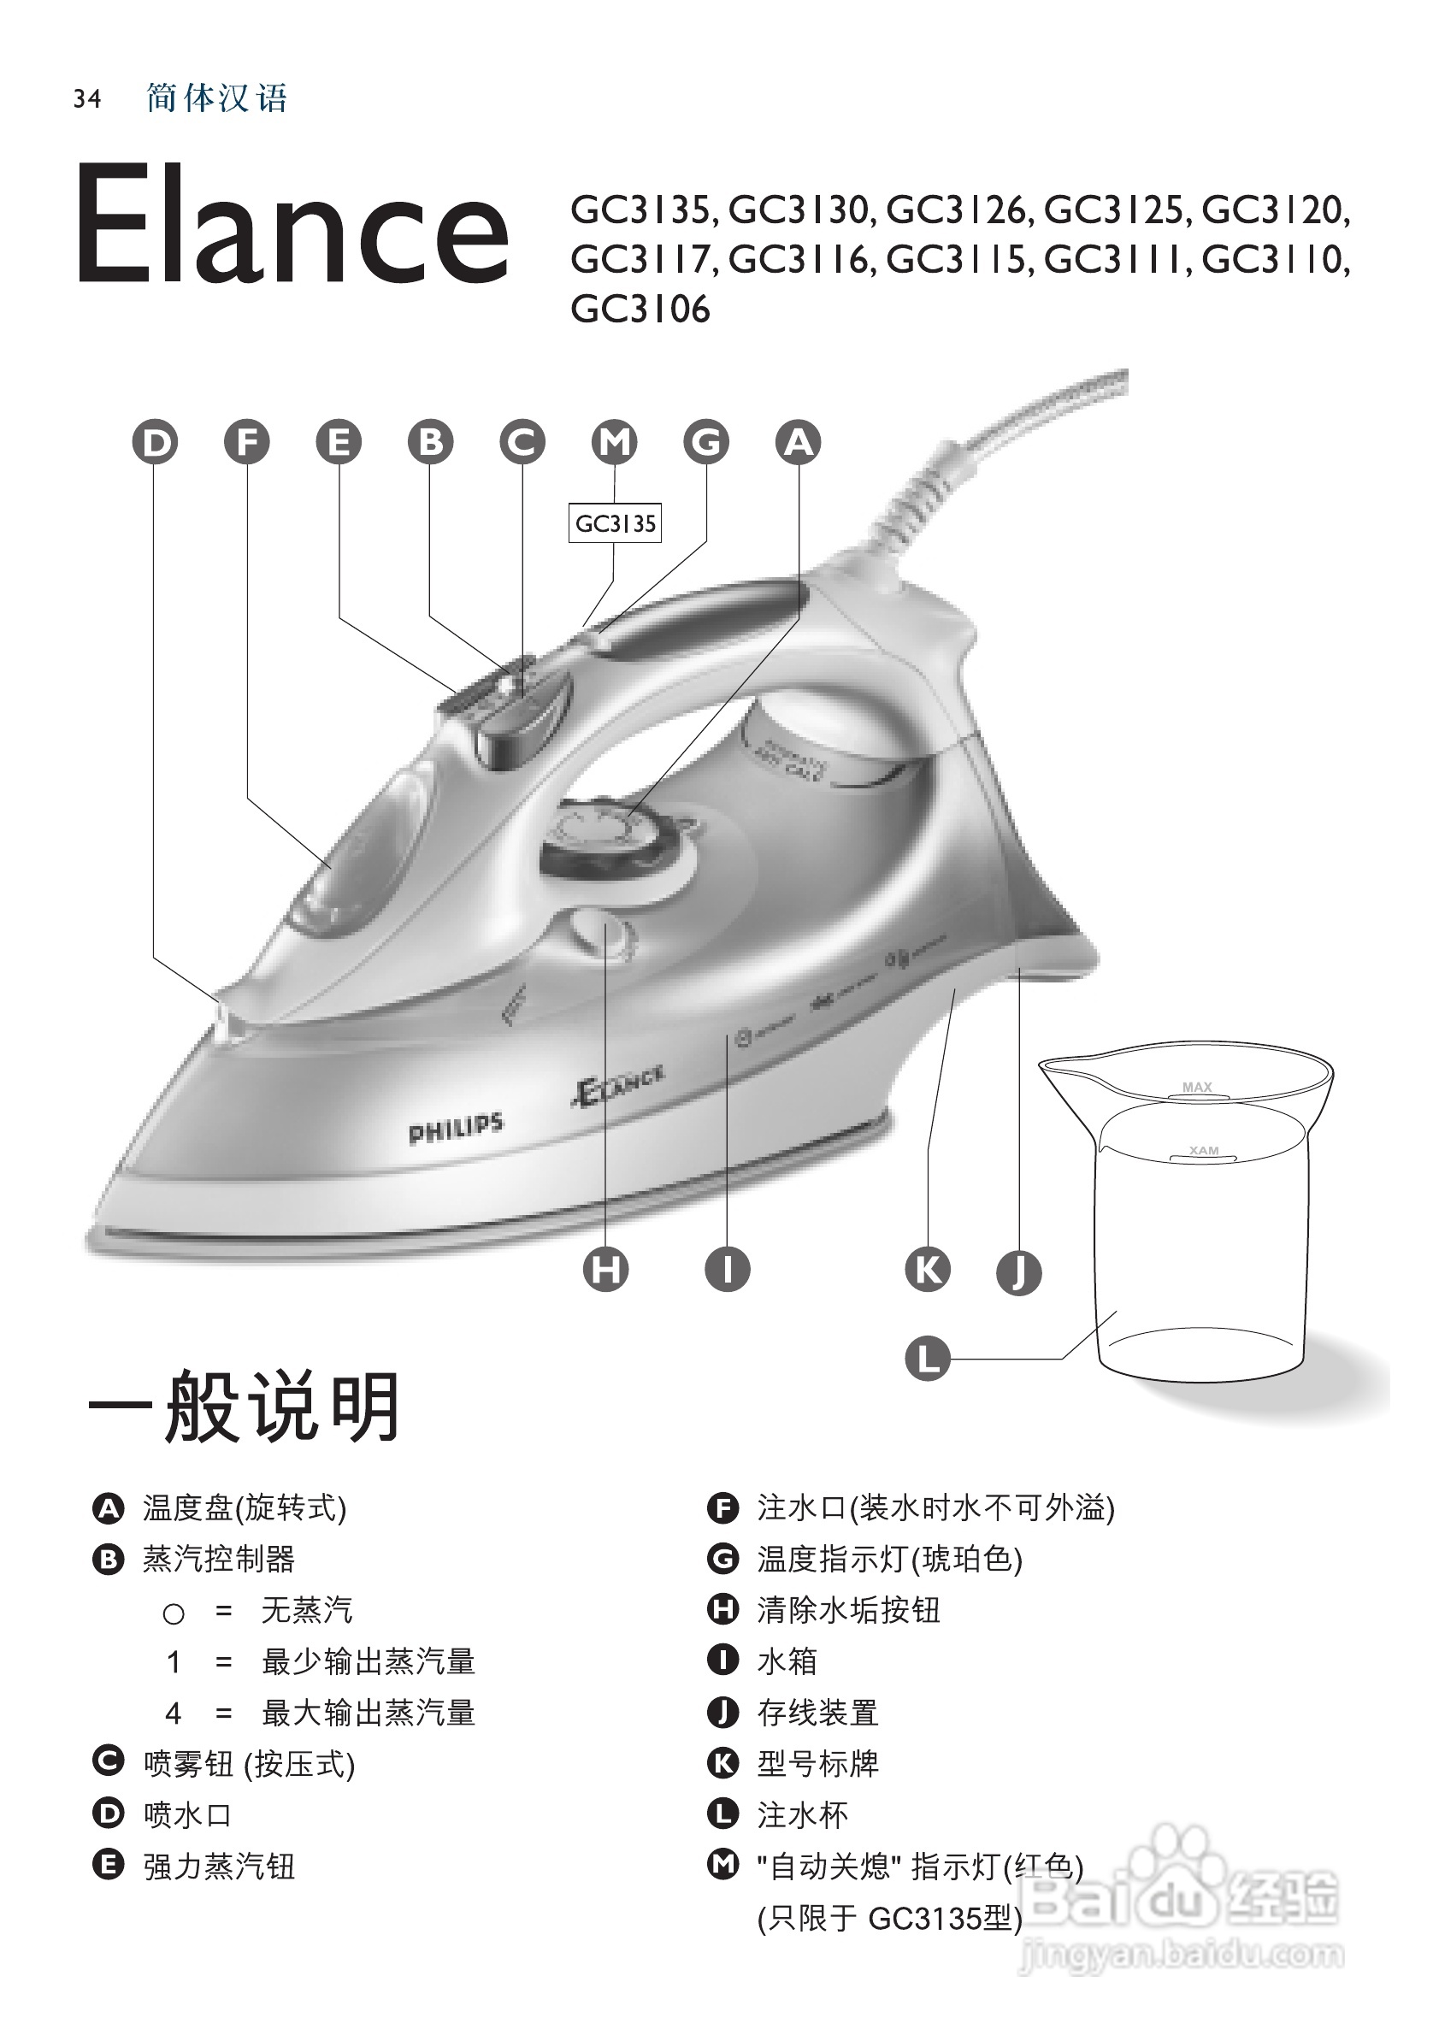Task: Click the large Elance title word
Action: (x=292, y=223)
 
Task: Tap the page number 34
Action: (x=87, y=98)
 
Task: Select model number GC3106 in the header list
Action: (x=640, y=310)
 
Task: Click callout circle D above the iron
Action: (x=155, y=441)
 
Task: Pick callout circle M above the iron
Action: (x=614, y=441)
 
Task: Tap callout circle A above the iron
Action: (x=798, y=441)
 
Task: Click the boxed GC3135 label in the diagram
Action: (x=615, y=524)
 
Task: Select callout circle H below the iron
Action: (x=606, y=1269)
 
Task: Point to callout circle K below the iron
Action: (x=927, y=1269)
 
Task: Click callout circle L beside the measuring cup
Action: (x=927, y=1359)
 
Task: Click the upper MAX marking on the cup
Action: (x=1196, y=1087)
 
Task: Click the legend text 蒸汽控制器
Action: (x=219, y=1559)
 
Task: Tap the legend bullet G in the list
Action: (x=723, y=1559)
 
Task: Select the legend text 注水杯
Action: (x=803, y=1815)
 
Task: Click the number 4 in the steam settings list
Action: (x=174, y=1714)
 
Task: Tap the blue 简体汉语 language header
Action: (x=217, y=98)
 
